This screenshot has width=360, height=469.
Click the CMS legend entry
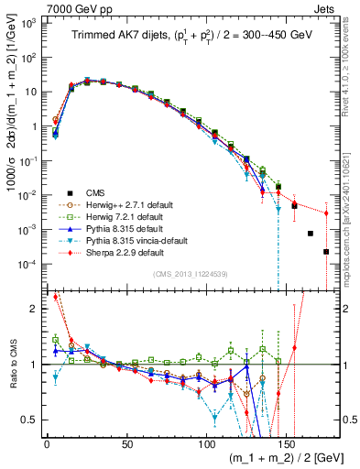tap(94, 193)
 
